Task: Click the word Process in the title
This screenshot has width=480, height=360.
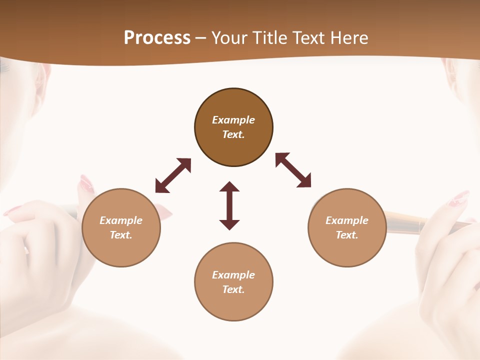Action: coord(157,38)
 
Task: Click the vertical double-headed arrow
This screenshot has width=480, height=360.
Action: coord(229,205)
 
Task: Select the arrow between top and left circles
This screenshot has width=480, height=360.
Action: coord(173,175)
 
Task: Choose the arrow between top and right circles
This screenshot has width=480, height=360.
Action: coord(293,170)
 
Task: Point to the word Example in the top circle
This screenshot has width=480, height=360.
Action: coord(233,120)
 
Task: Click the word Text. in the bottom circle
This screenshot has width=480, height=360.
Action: coord(233,289)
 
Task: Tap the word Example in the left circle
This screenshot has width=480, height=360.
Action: coord(121,220)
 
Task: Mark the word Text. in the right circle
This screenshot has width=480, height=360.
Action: coord(347,235)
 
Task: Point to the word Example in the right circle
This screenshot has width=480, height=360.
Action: coord(347,220)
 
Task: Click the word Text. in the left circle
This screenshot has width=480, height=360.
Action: coord(121,235)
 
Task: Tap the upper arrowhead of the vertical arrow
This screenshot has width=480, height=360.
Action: coord(229,187)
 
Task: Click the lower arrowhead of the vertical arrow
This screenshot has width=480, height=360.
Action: coord(229,224)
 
